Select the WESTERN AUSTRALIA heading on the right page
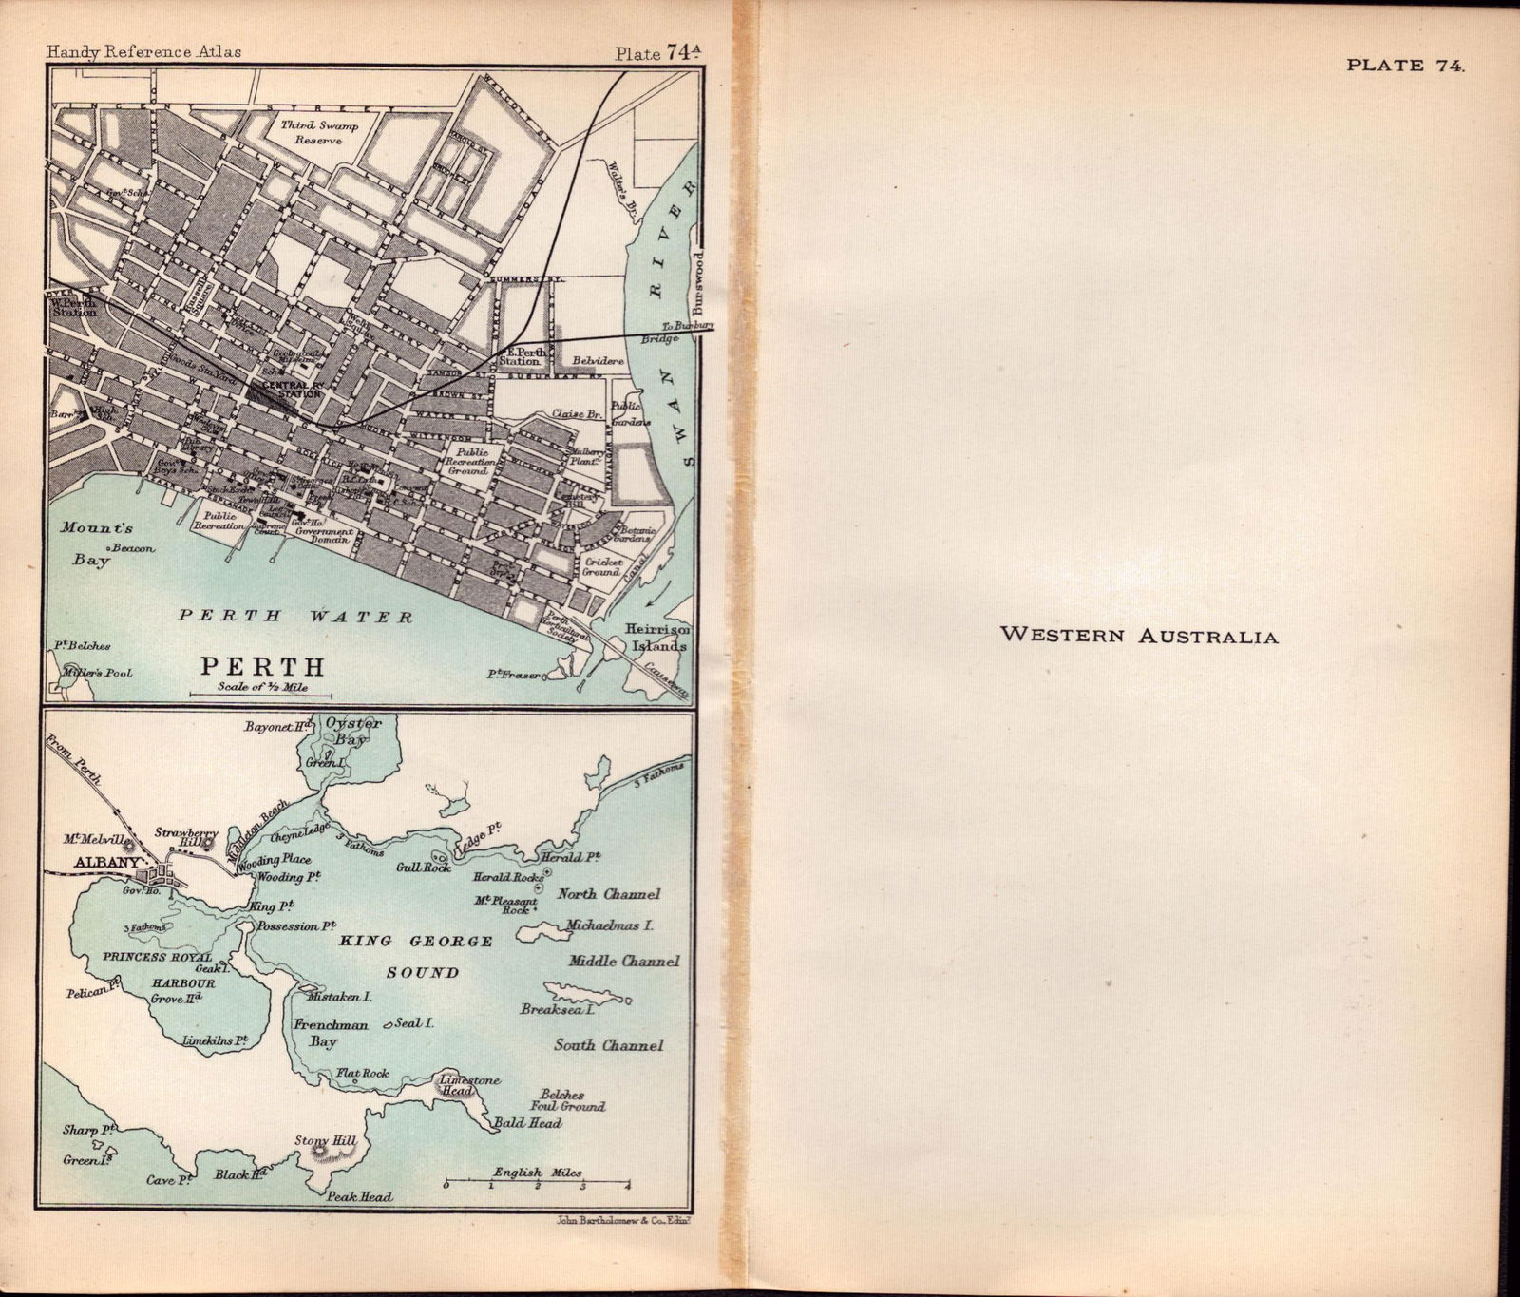tap(1139, 636)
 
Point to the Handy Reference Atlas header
tap(143, 51)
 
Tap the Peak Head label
tap(360, 1196)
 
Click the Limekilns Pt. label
tap(215, 1041)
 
